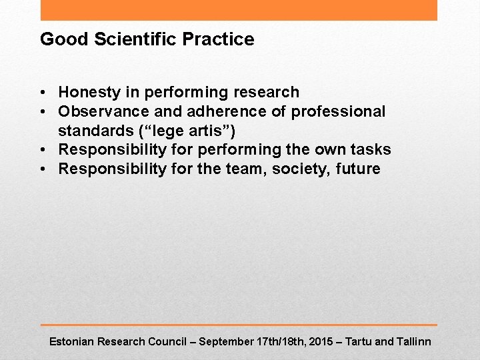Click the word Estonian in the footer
72,341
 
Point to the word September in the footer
226,341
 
